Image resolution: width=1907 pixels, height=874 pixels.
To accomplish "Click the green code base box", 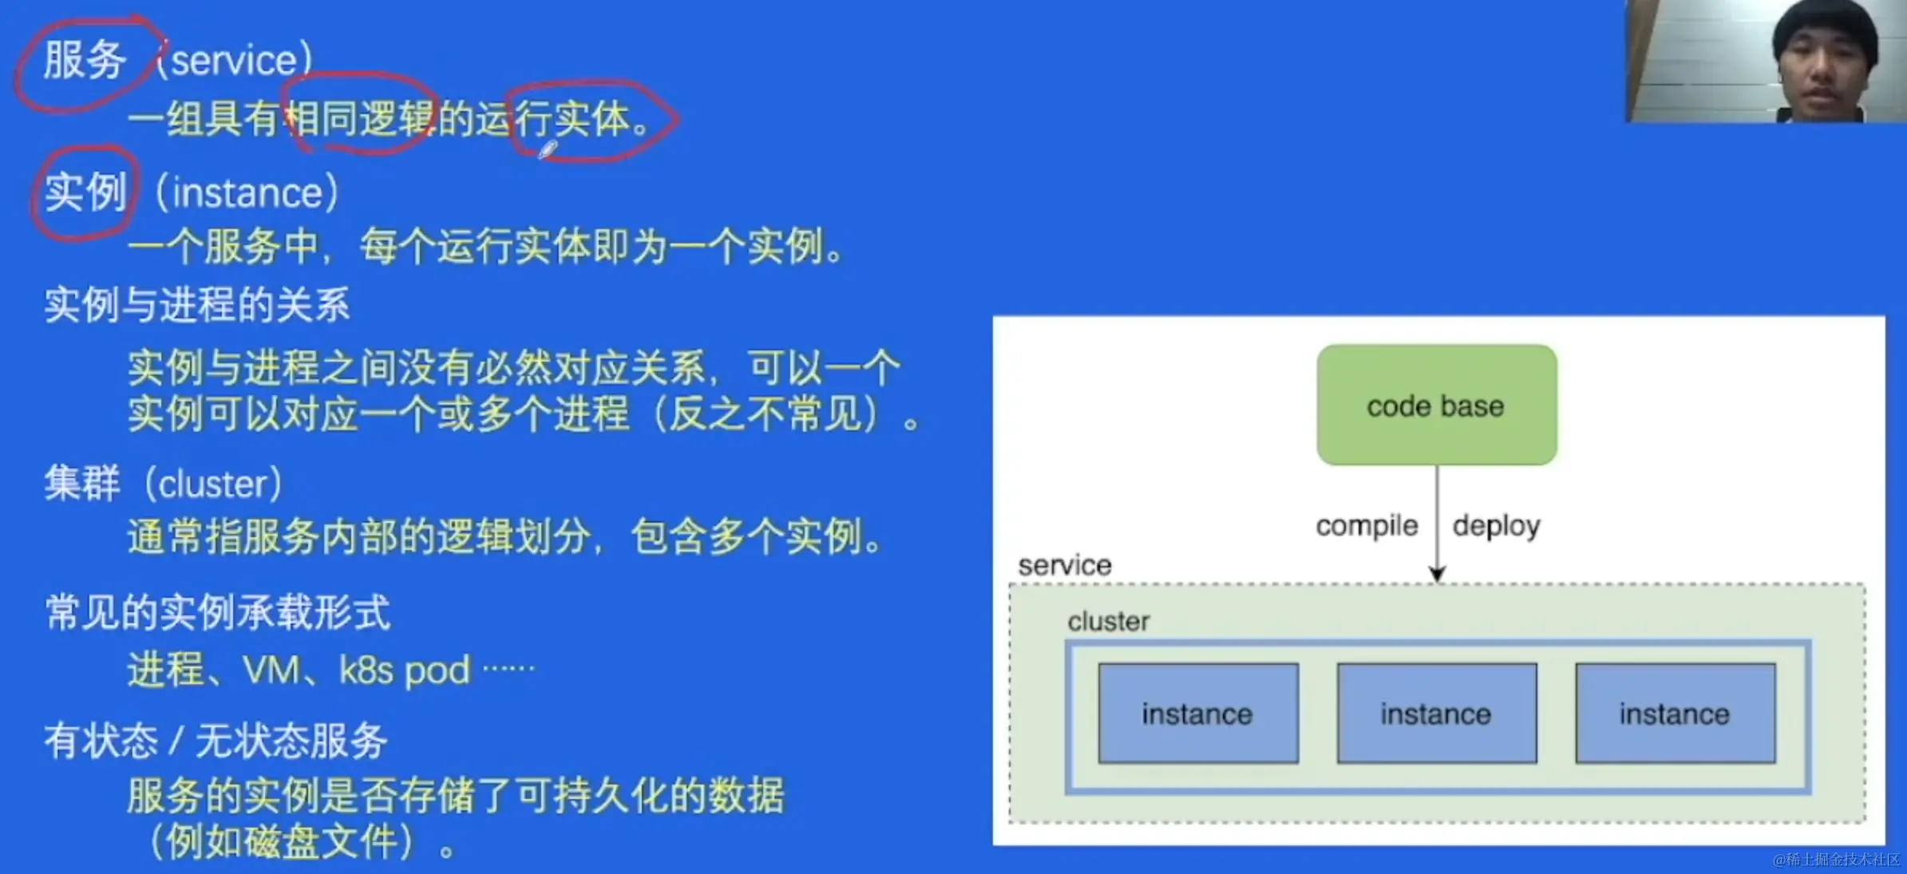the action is [1437, 405].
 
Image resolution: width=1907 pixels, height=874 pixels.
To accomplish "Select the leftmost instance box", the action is [1198, 714].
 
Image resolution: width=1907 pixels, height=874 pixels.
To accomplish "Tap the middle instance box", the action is [1437, 714].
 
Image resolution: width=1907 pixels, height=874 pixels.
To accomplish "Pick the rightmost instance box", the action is [1676, 714].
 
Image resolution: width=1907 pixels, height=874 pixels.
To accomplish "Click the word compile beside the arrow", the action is [1367, 526].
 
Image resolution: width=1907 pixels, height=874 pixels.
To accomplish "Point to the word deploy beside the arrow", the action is [1496, 526].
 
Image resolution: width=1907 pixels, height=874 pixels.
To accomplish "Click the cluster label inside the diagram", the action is [1109, 621].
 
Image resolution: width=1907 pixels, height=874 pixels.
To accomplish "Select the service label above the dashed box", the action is [1065, 565].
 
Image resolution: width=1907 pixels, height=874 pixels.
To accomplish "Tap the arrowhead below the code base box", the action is [1437, 574].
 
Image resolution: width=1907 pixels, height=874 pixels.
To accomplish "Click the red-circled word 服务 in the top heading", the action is [85, 61].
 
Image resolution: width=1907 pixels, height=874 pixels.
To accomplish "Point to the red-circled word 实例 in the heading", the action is [85, 192].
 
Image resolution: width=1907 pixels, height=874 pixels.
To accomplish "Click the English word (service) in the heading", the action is [233, 61].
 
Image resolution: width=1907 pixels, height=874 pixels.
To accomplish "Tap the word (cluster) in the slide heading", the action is [212, 484].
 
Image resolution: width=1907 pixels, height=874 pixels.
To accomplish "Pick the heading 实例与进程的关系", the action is [196, 305].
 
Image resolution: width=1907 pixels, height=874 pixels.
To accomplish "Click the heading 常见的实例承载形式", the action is [217, 612].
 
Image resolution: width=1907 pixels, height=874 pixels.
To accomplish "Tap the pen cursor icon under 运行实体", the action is [548, 149].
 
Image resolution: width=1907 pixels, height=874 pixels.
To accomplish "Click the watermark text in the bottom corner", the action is [1836, 860].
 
